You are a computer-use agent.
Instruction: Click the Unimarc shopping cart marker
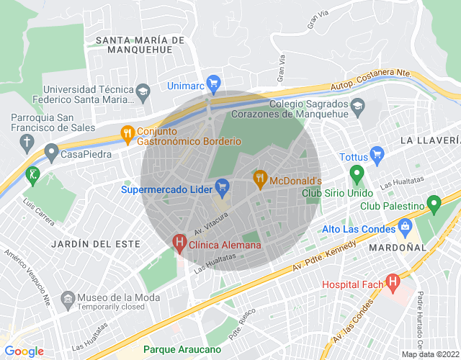(x=213, y=83)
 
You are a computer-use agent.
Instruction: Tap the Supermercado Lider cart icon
(x=222, y=186)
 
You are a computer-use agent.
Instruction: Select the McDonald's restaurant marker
(x=259, y=177)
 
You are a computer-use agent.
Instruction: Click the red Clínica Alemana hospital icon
(x=179, y=242)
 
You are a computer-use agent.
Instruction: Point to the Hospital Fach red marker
(x=393, y=282)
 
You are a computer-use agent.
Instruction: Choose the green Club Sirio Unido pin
(x=356, y=174)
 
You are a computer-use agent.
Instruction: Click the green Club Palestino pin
(x=434, y=204)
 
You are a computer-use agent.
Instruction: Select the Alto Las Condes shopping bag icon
(x=406, y=228)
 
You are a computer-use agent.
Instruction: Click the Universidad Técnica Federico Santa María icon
(x=143, y=91)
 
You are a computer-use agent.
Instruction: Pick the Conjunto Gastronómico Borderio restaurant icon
(x=127, y=132)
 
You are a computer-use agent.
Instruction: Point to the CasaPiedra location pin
(x=50, y=152)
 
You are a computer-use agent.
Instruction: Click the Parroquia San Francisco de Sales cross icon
(x=27, y=141)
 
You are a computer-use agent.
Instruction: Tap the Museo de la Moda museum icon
(x=68, y=298)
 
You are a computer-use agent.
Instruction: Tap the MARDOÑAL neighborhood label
(x=398, y=247)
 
